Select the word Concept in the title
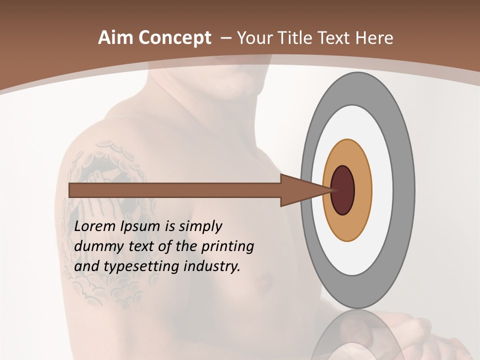point(174,38)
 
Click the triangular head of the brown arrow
point(300,190)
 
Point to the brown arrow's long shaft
point(175,190)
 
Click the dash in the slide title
point(225,38)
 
